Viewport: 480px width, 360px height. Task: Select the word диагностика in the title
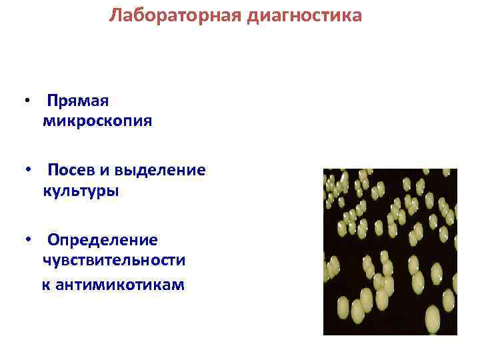pyautogui.click(x=305, y=15)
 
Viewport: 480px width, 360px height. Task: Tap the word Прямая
pyautogui.click(x=78, y=101)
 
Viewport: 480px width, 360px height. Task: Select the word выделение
pyautogui.click(x=160, y=170)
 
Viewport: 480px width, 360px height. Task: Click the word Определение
pyautogui.click(x=103, y=239)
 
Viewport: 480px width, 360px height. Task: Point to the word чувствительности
pyautogui.click(x=114, y=261)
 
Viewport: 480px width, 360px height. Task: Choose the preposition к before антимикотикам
pyautogui.click(x=46, y=285)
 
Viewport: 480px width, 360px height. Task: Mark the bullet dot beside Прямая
pyautogui.click(x=26, y=101)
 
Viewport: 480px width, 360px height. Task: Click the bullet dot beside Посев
pyautogui.click(x=26, y=171)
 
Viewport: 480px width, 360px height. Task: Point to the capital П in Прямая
pyautogui.click(x=53, y=101)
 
